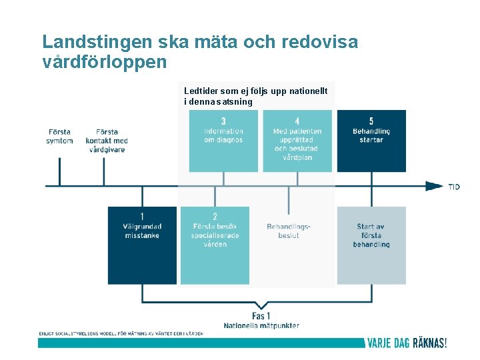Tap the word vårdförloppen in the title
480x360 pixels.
[103, 63]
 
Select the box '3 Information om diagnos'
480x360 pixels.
[223, 141]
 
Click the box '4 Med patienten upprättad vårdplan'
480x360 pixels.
[297, 141]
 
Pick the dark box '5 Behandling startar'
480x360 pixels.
[371, 141]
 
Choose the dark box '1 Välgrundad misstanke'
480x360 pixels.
[142, 245]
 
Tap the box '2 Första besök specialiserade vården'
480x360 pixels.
[215, 245]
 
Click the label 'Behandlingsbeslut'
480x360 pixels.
[289, 231]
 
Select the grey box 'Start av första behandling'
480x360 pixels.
[371, 245]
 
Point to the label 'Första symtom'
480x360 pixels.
[59, 136]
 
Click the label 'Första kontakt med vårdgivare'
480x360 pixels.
[107, 141]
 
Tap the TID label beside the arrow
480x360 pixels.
[454, 187]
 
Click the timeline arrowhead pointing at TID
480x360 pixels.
[434, 186]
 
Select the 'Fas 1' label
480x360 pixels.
[261, 316]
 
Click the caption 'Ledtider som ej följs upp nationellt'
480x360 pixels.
[259, 91]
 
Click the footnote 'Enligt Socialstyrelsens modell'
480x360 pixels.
[121, 333]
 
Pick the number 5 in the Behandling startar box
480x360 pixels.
[371, 121]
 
